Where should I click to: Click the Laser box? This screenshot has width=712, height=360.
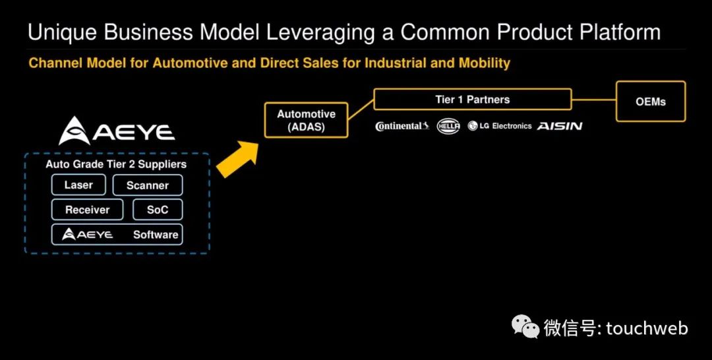tap(78, 185)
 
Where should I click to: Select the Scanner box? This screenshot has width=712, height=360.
tap(148, 185)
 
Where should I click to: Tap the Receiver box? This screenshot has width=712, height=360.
tap(87, 210)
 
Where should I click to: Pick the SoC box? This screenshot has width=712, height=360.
tap(158, 210)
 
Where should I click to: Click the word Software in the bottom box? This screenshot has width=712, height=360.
tap(156, 235)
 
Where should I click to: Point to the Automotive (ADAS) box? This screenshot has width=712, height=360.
tap(306, 120)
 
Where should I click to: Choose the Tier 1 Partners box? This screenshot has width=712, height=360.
tap(472, 100)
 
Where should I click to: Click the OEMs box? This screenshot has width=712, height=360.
tap(651, 102)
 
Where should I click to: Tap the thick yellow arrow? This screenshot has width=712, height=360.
tap(237, 159)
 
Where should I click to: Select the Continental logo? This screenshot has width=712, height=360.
tap(402, 126)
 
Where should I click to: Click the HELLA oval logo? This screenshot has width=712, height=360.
tap(448, 126)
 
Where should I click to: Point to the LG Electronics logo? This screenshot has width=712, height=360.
tap(500, 126)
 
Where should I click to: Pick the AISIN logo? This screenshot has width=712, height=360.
tap(560, 126)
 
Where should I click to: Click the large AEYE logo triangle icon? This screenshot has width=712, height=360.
tap(74, 131)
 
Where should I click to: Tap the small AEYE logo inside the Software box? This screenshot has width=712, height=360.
tap(88, 234)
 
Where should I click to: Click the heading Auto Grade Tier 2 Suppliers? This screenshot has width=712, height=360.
tap(116, 164)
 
